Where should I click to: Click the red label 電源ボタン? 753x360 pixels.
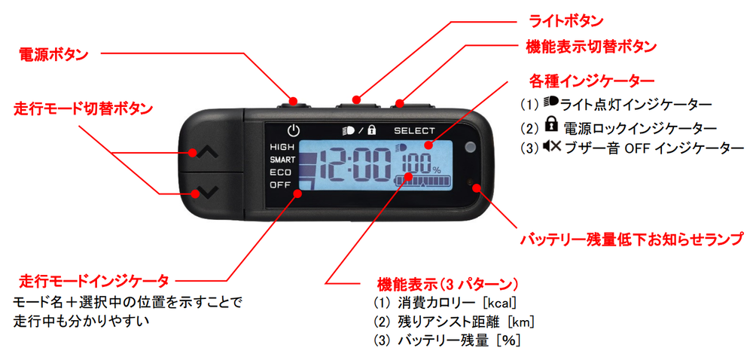coord(53,55)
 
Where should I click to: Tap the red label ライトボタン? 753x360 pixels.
coord(566,21)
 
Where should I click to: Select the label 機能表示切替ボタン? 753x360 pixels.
coord(591,47)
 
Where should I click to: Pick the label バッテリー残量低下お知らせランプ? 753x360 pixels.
coord(633,239)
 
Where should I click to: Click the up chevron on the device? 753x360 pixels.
coord(208,153)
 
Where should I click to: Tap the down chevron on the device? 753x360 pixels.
coord(208,192)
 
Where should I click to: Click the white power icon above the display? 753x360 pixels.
coord(294,130)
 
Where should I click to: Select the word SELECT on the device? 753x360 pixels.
coord(414,130)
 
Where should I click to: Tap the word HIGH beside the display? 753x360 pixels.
coord(282,147)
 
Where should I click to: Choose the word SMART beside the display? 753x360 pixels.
coord(282,160)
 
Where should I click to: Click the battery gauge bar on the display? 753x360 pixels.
coord(422,182)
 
